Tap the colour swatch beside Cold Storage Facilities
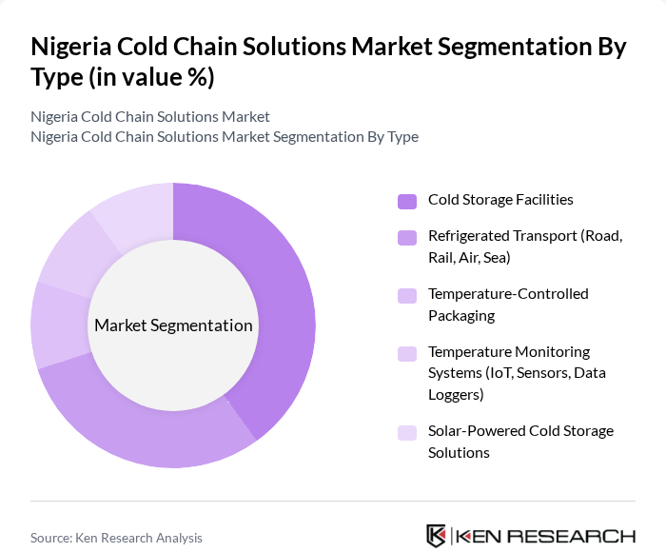pos(407,201)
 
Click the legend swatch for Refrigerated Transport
pos(407,237)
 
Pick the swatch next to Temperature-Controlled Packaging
pos(407,295)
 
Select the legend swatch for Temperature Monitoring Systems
pos(407,353)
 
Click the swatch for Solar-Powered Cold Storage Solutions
pos(407,432)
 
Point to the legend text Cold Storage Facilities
pos(500,200)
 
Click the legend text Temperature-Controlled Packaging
pos(508,305)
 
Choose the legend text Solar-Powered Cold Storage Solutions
pos(520,442)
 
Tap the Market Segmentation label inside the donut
pos(173,325)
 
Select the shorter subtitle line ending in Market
pos(150,116)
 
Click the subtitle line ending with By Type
pos(225,136)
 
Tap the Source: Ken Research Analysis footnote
pos(116,538)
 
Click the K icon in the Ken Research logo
pos(436,536)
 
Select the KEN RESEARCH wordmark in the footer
pos(545,536)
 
